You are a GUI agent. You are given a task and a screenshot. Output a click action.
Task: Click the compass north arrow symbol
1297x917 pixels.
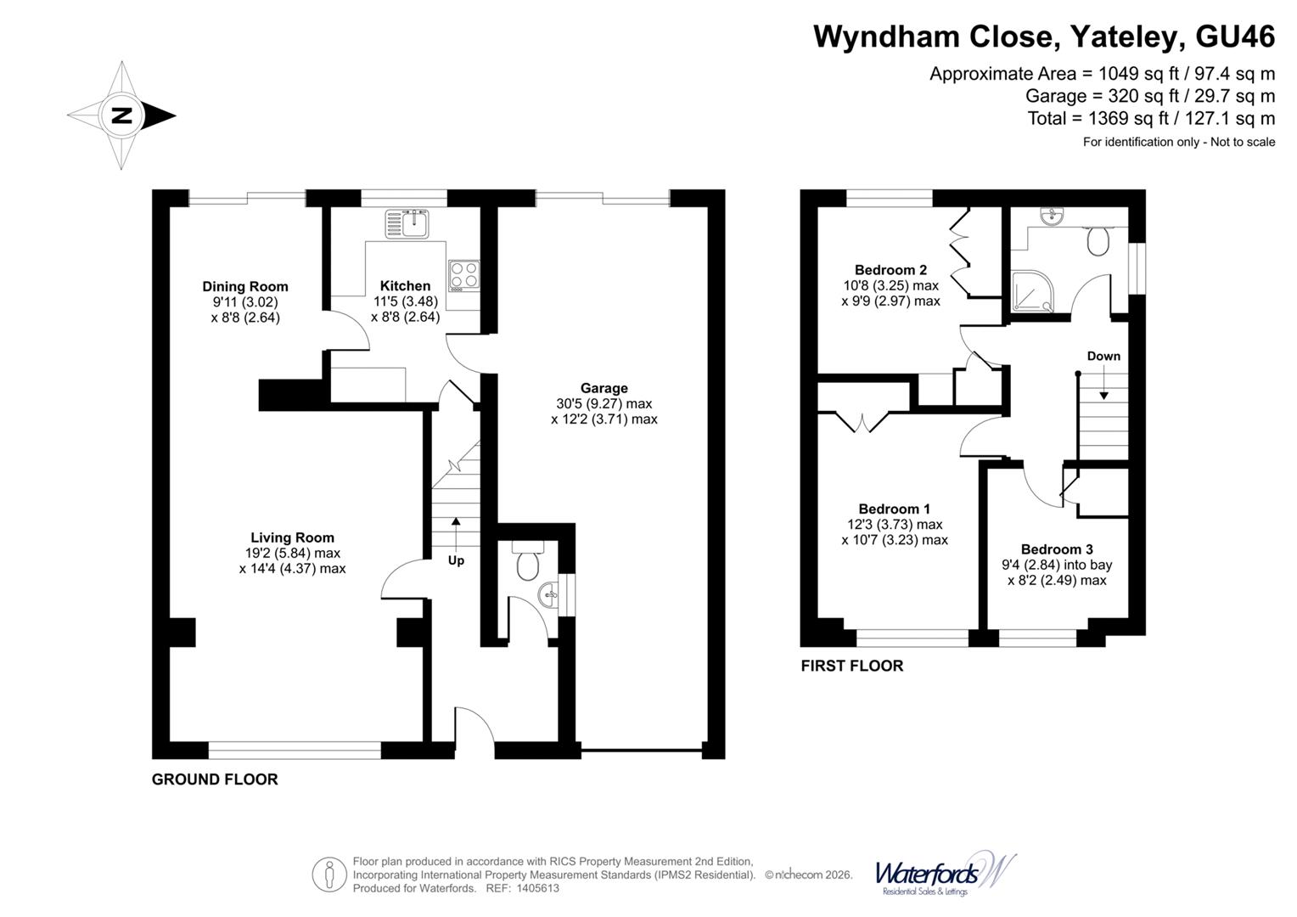122,115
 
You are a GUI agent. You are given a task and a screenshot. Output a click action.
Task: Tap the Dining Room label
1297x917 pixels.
244,287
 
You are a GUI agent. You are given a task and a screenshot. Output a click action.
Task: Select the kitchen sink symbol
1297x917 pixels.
408,223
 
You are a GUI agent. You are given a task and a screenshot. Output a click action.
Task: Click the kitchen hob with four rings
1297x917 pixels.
463,274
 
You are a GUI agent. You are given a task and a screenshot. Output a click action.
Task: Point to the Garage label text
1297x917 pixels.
604,388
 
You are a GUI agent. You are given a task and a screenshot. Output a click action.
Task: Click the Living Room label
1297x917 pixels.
292,537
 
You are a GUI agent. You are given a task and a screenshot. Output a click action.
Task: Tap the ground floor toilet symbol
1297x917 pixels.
529,562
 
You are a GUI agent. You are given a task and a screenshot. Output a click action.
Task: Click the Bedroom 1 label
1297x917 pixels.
894,509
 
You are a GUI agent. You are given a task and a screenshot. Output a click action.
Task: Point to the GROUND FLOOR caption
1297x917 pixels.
215,779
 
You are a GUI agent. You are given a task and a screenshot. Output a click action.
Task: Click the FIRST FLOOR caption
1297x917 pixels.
851,666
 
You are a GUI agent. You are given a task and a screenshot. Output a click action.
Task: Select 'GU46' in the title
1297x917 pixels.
1234,37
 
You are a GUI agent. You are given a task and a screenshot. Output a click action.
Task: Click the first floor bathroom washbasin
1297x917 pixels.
1050,217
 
